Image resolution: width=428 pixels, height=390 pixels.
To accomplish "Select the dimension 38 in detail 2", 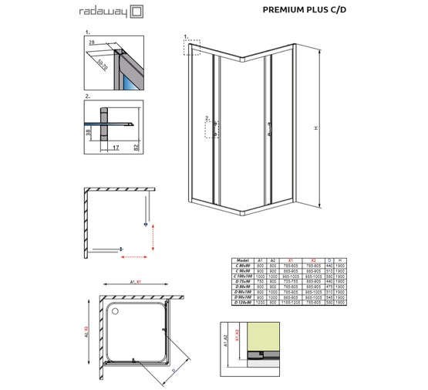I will (x=90, y=132).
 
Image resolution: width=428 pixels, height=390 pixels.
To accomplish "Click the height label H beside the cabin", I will (x=331, y=127).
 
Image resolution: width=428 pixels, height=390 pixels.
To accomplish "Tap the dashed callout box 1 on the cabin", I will (x=191, y=47).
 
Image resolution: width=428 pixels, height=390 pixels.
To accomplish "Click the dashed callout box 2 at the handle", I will (x=211, y=126).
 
